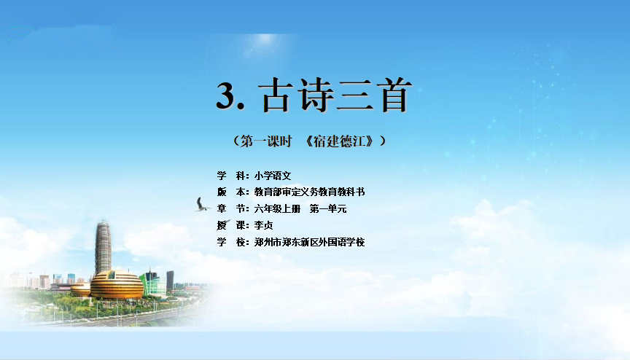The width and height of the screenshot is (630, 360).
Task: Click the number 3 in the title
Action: coord(227,95)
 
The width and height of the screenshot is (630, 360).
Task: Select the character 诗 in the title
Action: coord(316,95)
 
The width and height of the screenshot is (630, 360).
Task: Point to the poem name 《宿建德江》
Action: coord(341,141)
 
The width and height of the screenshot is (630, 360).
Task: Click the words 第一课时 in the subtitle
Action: coord(266,141)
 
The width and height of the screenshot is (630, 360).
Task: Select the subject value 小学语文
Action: coord(273,176)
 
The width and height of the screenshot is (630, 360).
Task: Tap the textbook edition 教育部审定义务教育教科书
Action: coord(309,192)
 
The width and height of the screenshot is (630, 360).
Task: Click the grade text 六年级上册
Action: coord(277,208)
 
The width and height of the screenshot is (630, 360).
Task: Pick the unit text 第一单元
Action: coord(328,208)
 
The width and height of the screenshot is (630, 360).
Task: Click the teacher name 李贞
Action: coord(263,225)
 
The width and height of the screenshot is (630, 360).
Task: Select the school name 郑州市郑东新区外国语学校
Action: coord(309,242)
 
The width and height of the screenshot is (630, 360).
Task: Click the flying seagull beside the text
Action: coord(202,205)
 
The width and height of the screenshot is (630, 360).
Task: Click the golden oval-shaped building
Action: coord(117,285)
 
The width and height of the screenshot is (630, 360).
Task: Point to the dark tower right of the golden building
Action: coord(171,280)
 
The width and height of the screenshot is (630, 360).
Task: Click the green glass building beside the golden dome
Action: coord(156,284)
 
